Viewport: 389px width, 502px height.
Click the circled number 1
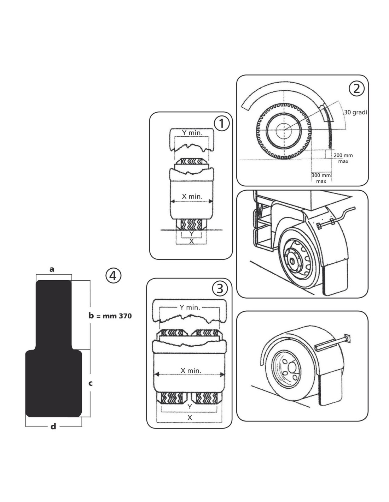click(x=222, y=124)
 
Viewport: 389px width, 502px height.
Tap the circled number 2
click(x=356, y=88)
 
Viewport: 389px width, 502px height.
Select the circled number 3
click(x=220, y=289)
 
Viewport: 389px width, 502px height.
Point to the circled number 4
click(x=113, y=275)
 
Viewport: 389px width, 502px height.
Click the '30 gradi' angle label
click(x=356, y=112)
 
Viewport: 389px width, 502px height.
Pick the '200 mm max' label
click(x=343, y=158)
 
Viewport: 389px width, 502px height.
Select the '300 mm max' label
click(x=321, y=178)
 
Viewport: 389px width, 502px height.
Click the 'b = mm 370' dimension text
click(x=110, y=316)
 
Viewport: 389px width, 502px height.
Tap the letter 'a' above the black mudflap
click(x=52, y=269)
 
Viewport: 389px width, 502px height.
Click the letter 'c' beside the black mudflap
click(x=91, y=383)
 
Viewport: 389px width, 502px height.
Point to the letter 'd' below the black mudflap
click(x=53, y=427)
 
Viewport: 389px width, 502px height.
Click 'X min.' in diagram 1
click(x=192, y=196)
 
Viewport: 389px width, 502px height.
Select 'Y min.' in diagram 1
click(x=192, y=133)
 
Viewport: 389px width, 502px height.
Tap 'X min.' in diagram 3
click(x=191, y=370)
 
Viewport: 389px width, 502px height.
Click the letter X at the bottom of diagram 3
click(x=190, y=417)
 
